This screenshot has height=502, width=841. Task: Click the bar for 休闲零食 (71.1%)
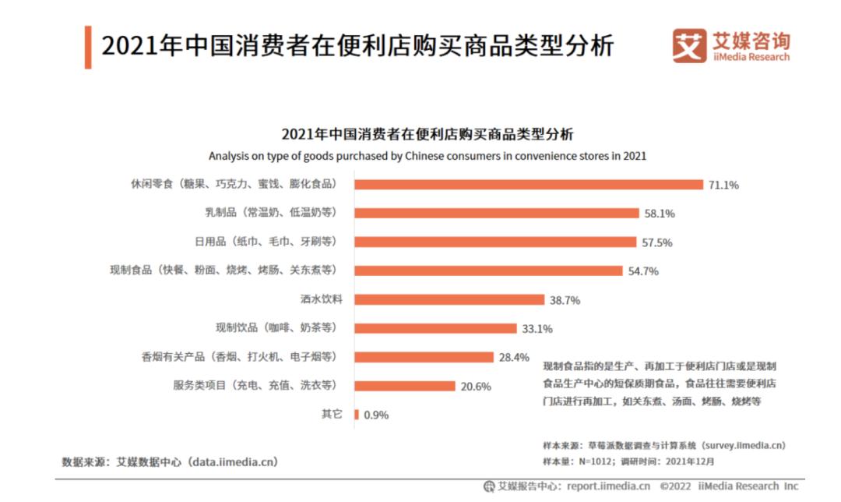[529, 185]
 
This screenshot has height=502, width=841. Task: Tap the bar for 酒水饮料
[449, 299]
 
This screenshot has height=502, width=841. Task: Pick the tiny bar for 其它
[357, 415]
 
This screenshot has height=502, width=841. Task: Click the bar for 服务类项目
[405, 386]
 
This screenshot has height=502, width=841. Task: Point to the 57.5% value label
[657, 242]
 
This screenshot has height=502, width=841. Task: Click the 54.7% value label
[643, 271]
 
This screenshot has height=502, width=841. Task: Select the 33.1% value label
[537, 329]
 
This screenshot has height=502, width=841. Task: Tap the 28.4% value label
[514, 358]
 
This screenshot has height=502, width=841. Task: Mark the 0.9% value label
[375, 415]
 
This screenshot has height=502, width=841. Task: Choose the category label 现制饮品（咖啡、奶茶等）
[276, 327]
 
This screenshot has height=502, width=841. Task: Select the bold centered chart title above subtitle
[427, 133]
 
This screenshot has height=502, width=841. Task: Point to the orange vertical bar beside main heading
[88, 47]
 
